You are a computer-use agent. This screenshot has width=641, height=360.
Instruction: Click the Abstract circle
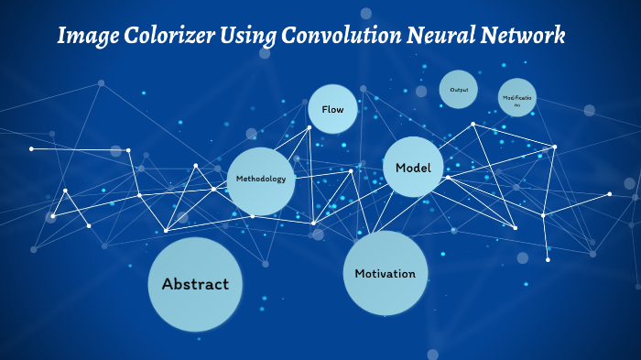pos(195,284)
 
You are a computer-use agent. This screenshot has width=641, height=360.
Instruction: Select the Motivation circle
pos(385,273)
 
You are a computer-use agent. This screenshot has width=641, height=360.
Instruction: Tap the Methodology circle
pos(261,180)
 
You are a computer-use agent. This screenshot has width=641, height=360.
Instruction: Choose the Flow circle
pos(332,110)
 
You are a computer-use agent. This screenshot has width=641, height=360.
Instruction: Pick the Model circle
pos(413,168)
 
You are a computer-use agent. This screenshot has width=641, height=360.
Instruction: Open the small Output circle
pos(459,89)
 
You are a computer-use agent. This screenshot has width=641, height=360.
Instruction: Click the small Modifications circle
pos(517,98)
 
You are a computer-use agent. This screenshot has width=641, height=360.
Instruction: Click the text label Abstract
pos(195,284)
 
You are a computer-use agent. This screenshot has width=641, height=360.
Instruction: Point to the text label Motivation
pos(385,274)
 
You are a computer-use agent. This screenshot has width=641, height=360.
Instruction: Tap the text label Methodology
pos(261,179)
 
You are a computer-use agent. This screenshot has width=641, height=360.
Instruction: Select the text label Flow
pos(332,110)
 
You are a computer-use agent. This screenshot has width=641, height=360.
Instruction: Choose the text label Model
pos(413,168)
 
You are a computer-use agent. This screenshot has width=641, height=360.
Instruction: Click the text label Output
pos(459,89)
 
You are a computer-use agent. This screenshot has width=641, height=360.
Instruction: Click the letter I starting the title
pos(62,37)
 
